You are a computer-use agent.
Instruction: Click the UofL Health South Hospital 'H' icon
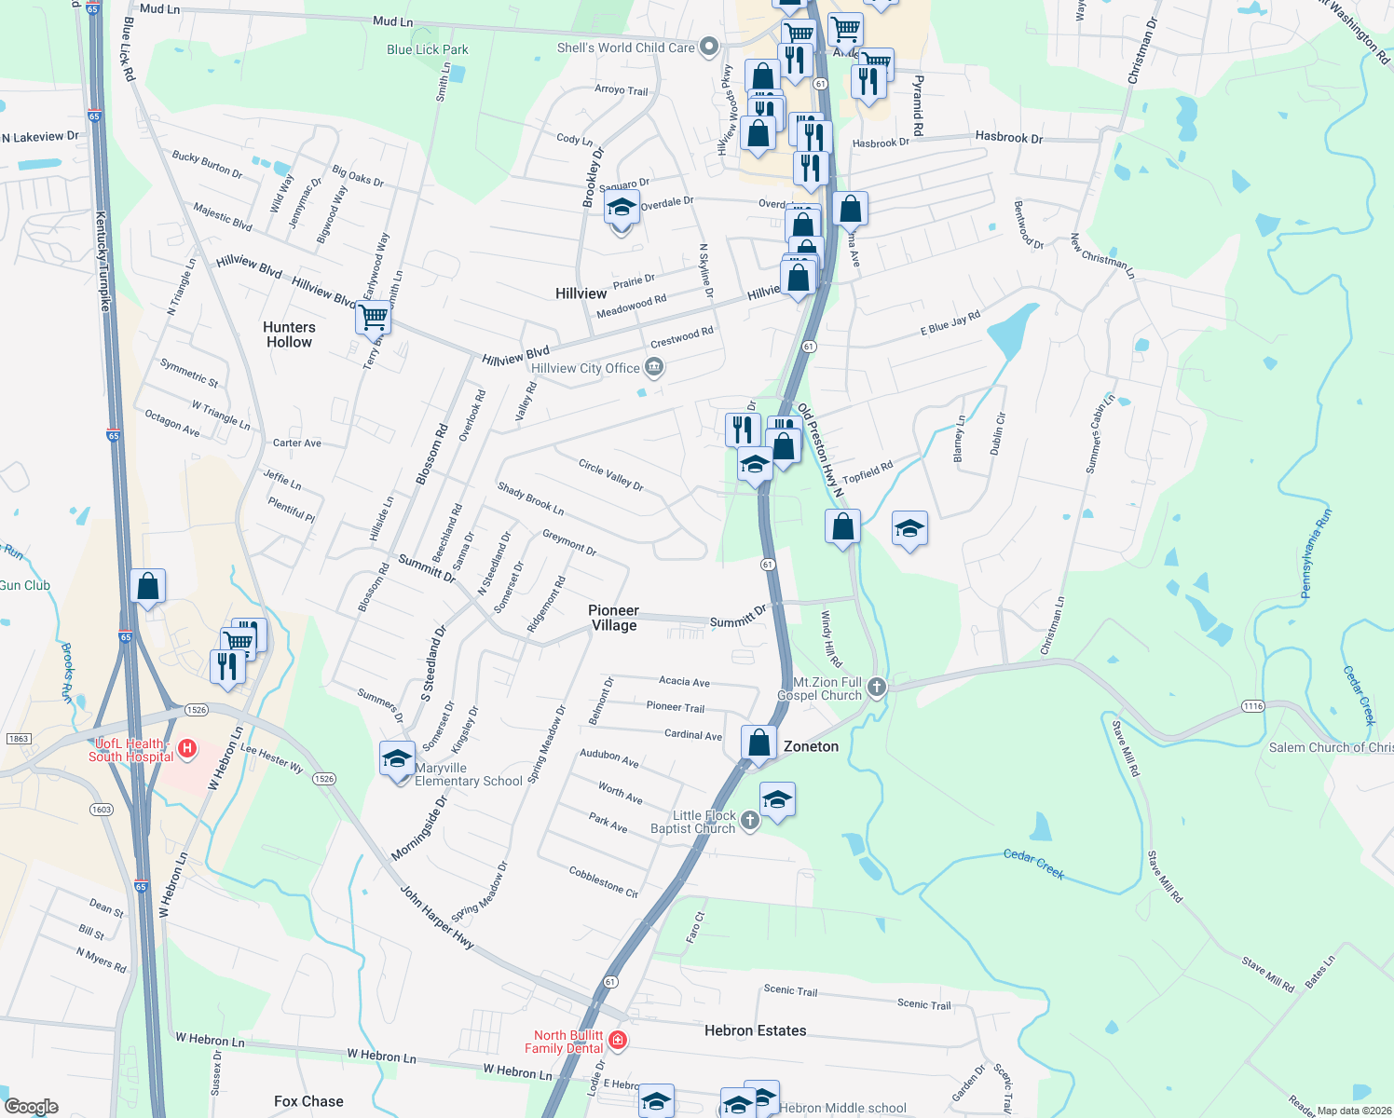(187, 748)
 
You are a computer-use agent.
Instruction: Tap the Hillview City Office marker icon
(654, 368)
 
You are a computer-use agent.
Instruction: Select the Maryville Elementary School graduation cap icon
(397, 760)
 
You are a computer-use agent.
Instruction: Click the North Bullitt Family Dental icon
(617, 1039)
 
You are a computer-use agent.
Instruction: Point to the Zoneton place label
(811, 746)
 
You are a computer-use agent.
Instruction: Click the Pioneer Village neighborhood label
(613, 618)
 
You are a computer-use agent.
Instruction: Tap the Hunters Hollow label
(289, 334)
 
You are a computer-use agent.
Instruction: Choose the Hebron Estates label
(755, 1030)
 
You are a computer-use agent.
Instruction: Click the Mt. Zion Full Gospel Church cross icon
(876, 688)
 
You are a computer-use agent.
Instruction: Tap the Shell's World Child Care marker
(709, 46)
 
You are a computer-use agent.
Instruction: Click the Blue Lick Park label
(428, 49)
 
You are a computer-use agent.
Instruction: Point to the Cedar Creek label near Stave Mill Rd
(1034, 864)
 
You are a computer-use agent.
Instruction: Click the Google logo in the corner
(31, 1107)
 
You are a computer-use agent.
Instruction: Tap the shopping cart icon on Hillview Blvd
(373, 318)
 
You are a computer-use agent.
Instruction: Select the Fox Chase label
(308, 1101)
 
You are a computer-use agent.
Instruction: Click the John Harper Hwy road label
(437, 918)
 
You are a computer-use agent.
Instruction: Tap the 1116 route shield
(1252, 706)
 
